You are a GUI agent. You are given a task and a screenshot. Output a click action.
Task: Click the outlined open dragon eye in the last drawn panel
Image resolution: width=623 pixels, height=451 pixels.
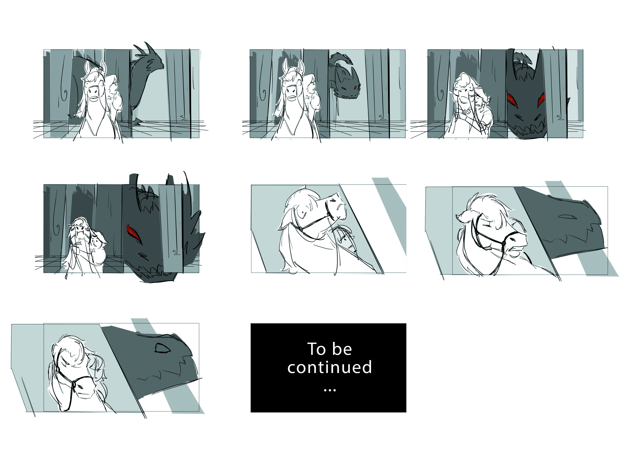point(163,348)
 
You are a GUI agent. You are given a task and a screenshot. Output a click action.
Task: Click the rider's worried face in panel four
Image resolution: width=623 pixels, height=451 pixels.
point(95,242)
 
